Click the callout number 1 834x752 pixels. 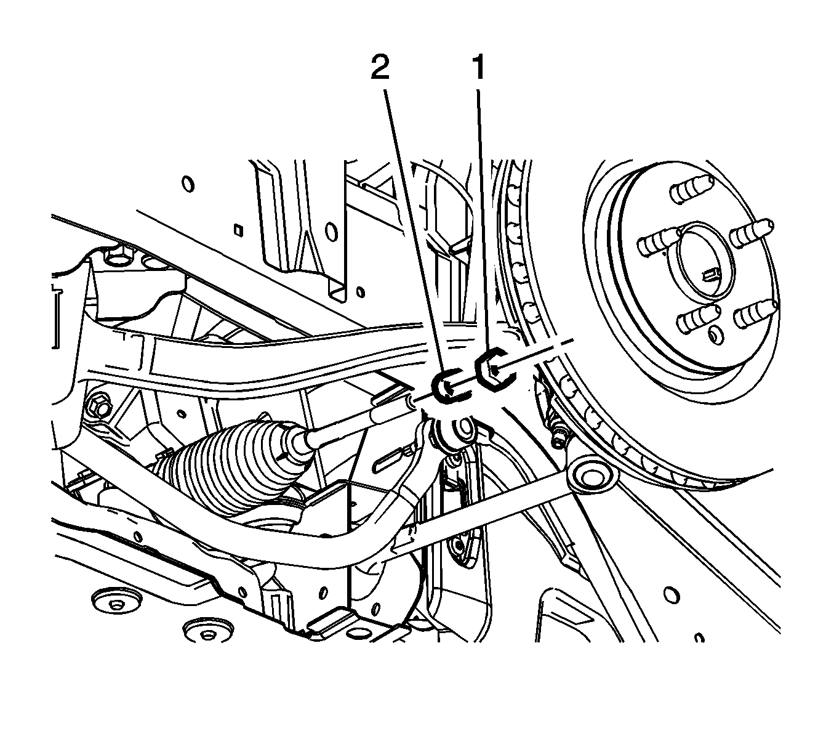click(478, 68)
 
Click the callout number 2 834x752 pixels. click(380, 68)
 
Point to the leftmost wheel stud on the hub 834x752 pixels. click(659, 244)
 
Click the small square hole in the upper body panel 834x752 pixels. click(238, 229)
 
